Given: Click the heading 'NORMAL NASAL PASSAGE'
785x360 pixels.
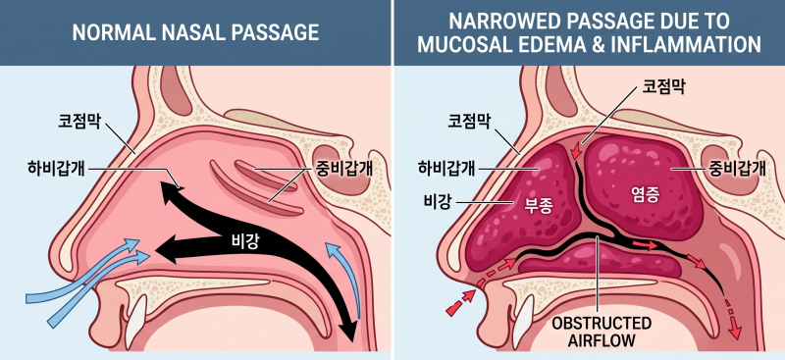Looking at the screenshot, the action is [195, 33].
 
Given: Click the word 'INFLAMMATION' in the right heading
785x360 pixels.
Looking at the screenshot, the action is [692, 44].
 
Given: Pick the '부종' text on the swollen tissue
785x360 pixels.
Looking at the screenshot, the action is [538, 207].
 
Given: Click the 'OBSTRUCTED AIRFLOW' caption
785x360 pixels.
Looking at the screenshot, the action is [602, 332].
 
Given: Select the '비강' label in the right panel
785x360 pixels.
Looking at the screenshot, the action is [438, 202].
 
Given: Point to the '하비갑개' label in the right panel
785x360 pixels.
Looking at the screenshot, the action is [446, 169].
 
